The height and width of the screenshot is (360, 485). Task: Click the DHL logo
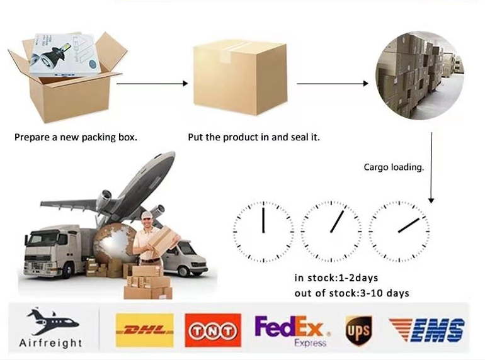click(x=144, y=330)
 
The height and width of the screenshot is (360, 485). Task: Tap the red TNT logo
click(x=213, y=330)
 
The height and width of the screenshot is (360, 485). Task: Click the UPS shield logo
click(x=359, y=331)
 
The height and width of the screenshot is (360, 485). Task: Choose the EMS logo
click(x=427, y=330)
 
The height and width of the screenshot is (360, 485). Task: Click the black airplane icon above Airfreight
click(x=52, y=322)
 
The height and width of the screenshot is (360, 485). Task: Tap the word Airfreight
click(x=51, y=343)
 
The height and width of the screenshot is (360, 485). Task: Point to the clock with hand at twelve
click(x=263, y=232)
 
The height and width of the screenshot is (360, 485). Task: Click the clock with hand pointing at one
click(x=331, y=232)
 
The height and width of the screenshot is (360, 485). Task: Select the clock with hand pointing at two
click(x=399, y=232)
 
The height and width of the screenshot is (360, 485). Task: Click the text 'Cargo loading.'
click(x=394, y=167)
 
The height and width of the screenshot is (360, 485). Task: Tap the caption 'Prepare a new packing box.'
click(x=76, y=137)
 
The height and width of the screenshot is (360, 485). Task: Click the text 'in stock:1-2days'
click(x=336, y=278)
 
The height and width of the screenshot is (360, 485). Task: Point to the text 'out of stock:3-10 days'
click(x=351, y=293)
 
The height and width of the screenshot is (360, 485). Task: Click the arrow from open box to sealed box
click(x=152, y=84)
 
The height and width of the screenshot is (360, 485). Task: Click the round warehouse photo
click(x=419, y=75)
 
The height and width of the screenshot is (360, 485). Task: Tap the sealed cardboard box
click(x=241, y=77)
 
